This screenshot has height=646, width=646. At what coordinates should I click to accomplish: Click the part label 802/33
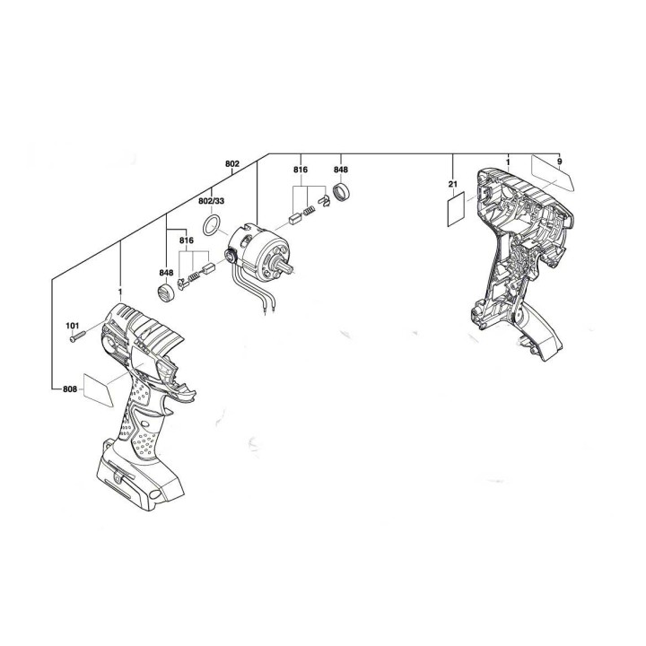212,202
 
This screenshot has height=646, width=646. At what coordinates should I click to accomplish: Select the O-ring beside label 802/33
212,224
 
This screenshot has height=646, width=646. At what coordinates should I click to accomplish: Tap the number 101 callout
72,325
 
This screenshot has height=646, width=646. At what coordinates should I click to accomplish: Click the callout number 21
454,185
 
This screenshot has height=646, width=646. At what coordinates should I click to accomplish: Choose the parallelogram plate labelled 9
552,173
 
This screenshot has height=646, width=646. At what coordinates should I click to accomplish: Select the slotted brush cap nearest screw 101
164,294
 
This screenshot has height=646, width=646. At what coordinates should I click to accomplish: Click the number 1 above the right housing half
508,161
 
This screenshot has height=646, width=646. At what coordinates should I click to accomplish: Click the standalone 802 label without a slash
231,163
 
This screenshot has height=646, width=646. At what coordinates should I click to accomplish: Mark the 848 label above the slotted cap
166,272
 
